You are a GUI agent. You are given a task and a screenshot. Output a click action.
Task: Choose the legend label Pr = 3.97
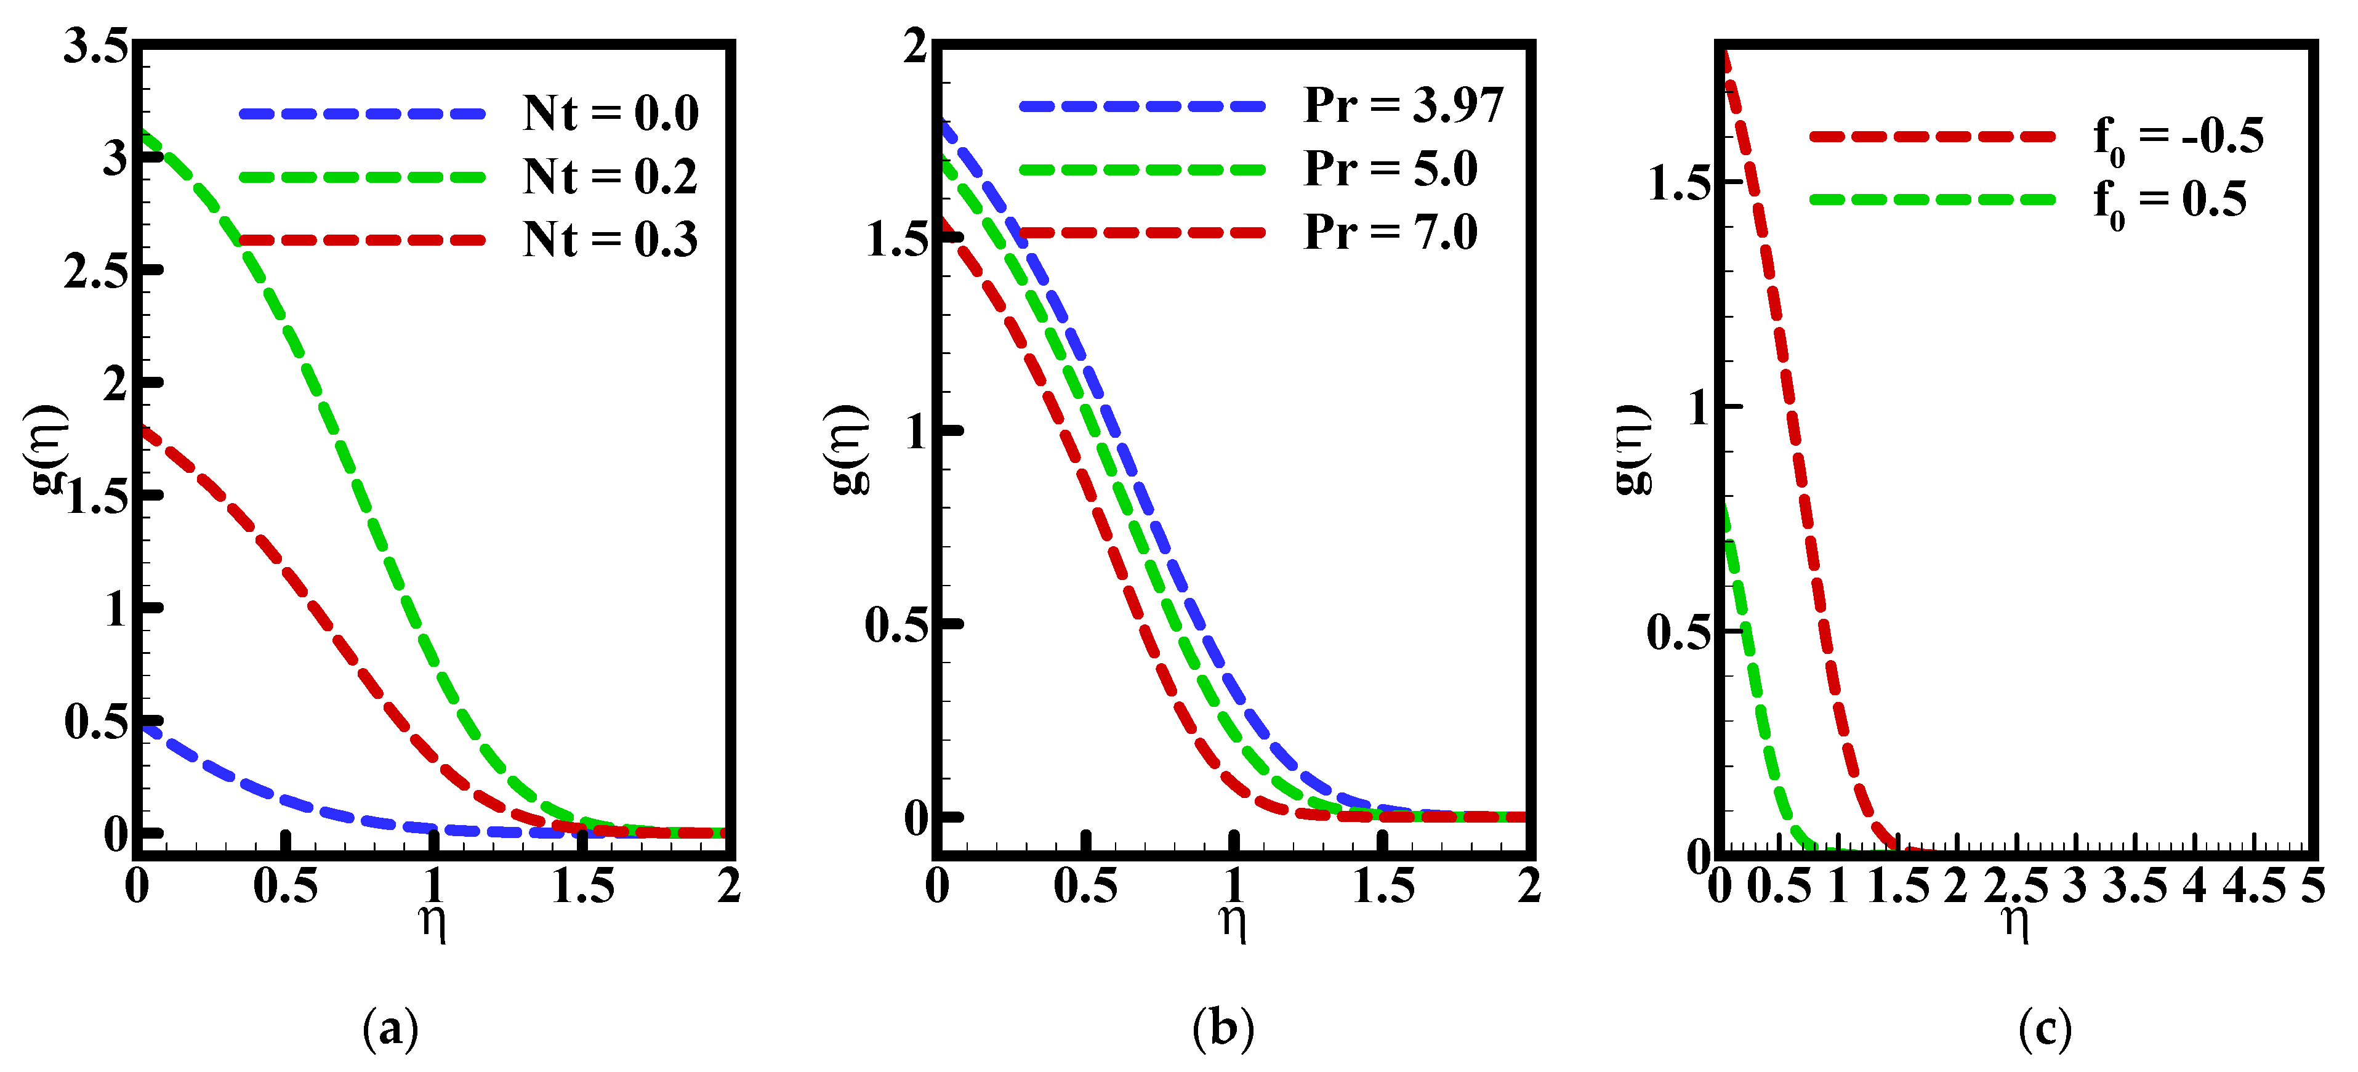[1403, 106]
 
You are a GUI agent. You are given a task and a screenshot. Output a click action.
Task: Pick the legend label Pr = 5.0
[1390, 169]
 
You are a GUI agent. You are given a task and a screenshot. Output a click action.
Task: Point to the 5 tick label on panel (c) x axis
[2313, 886]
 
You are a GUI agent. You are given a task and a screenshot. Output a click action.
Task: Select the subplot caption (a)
[391, 1029]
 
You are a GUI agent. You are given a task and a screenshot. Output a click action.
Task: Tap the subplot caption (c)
[2045, 1029]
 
